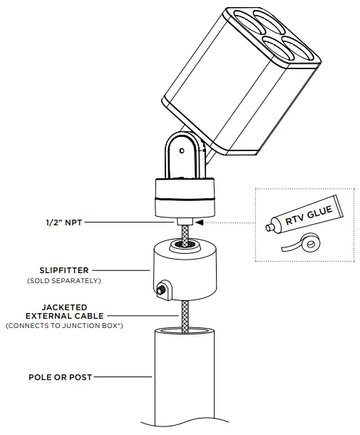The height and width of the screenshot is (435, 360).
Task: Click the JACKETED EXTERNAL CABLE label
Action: (66, 310)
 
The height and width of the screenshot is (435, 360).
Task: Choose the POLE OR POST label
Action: (59, 377)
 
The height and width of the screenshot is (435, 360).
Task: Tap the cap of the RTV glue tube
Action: (269, 229)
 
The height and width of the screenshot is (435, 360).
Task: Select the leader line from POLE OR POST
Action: (122, 377)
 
